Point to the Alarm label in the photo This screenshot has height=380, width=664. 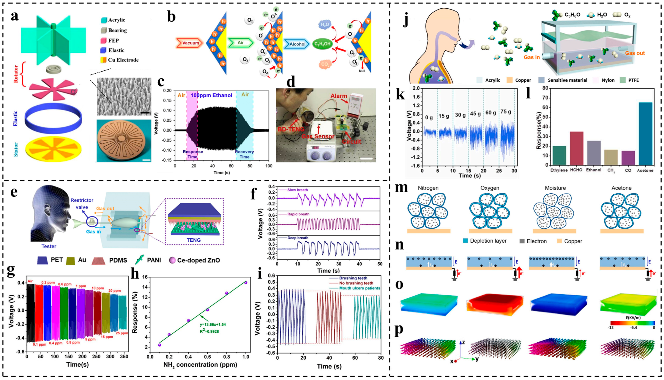[339, 96]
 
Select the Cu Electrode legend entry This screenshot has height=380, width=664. [123, 60]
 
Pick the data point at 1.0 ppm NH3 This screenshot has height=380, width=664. [246, 283]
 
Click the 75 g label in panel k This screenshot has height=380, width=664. [506, 112]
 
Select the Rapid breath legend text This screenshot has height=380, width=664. [298, 214]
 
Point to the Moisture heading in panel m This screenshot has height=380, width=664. [555, 188]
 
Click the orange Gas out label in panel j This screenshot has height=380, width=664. [635, 53]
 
